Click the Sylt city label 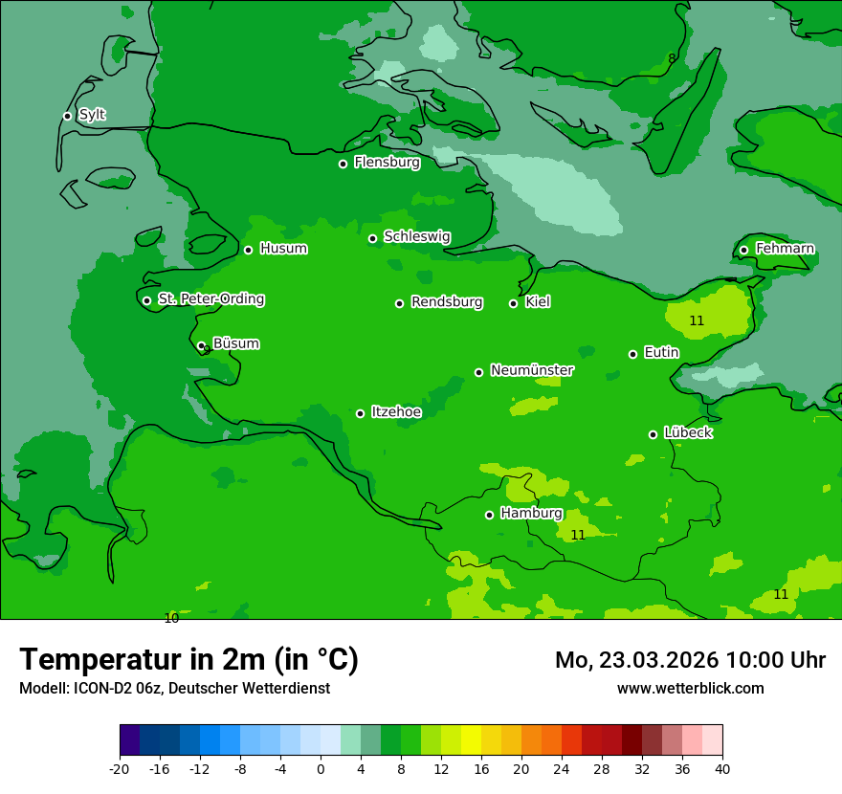[92, 115]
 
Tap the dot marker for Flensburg [343, 164]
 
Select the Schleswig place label [416, 236]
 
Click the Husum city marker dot [248, 250]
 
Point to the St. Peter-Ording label [210, 299]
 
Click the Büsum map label [235, 343]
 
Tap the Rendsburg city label [447, 302]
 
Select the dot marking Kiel [513, 303]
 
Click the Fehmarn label [785, 249]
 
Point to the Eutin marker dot [632, 354]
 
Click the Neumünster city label [532, 370]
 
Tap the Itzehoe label [396, 411]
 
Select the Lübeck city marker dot [653, 434]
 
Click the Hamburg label [531, 513]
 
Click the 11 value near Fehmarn [697, 321]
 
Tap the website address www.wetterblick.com [690, 688]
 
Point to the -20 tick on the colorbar [120, 768]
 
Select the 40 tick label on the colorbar [721, 768]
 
